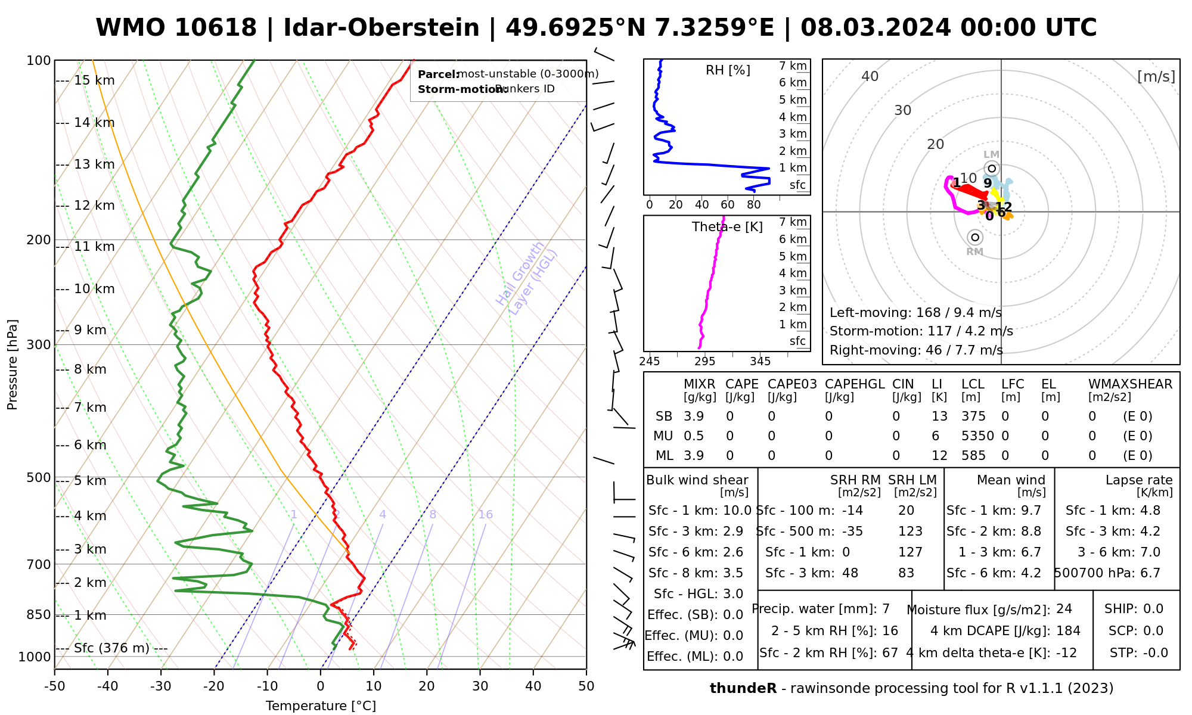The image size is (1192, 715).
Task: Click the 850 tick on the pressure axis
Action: coord(39,614)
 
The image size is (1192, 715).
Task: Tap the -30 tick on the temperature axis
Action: coord(161,686)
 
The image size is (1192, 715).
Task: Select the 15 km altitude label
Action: coord(94,80)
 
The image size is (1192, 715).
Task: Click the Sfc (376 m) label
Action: coord(111,648)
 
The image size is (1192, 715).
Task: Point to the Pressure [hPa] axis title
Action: coord(13,365)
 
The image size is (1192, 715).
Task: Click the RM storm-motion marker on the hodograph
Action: coord(974,238)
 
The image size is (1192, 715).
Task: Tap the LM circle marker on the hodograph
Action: coord(992,169)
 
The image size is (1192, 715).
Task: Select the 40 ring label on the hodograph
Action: coord(870,76)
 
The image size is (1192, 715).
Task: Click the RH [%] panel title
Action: coord(728,70)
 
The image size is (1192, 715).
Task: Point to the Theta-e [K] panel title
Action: coord(727,227)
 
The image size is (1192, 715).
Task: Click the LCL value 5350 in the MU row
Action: coord(977,436)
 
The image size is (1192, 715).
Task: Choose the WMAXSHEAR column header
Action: coord(1130,384)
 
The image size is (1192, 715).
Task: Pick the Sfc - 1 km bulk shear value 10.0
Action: coord(737,511)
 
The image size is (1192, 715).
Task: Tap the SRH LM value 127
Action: coord(910,552)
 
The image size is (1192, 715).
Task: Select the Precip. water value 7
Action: coord(886,609)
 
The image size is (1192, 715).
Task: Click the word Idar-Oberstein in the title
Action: coord(381,28)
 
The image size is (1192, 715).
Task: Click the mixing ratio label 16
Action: coord(485,515)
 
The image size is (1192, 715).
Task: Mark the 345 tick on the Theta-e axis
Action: coord(760,362)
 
